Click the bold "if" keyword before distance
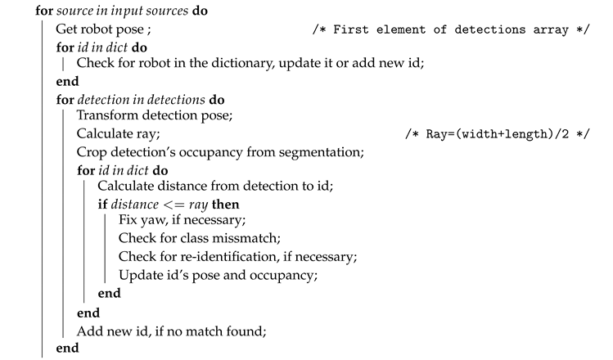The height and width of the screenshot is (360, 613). tap(101, 204)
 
